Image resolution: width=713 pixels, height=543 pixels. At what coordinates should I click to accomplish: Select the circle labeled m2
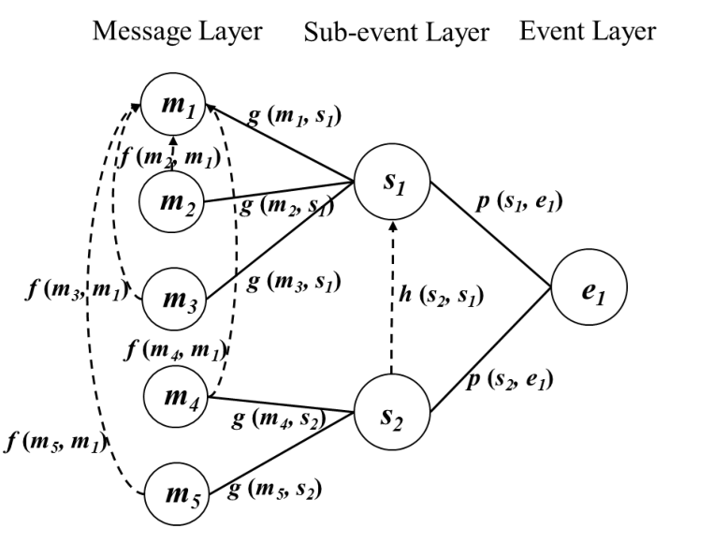point(173,199)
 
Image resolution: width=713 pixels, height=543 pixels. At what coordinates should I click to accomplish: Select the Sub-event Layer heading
point(397,33)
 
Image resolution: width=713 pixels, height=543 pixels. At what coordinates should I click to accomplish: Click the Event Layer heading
point(588,31)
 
